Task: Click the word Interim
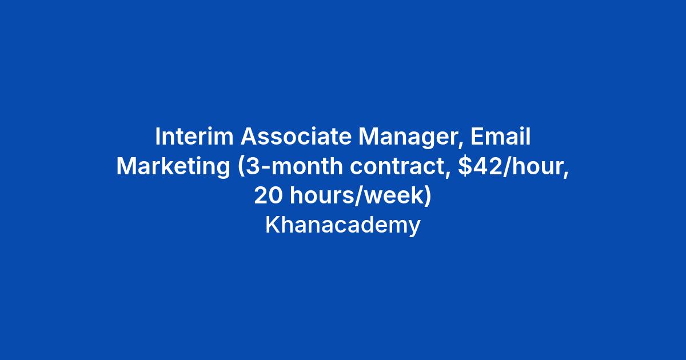point(194,136)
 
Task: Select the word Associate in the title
point(296,136)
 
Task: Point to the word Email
point(500,136)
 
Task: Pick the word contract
point(397,166)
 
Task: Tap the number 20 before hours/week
point(268,196)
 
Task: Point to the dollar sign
point(465,166)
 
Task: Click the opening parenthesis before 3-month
point(241,167)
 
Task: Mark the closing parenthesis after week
point(428,197)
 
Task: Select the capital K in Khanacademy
point(272,225)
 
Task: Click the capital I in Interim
point(157,136)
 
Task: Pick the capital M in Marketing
point(126,166)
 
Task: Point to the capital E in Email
point(477,136)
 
